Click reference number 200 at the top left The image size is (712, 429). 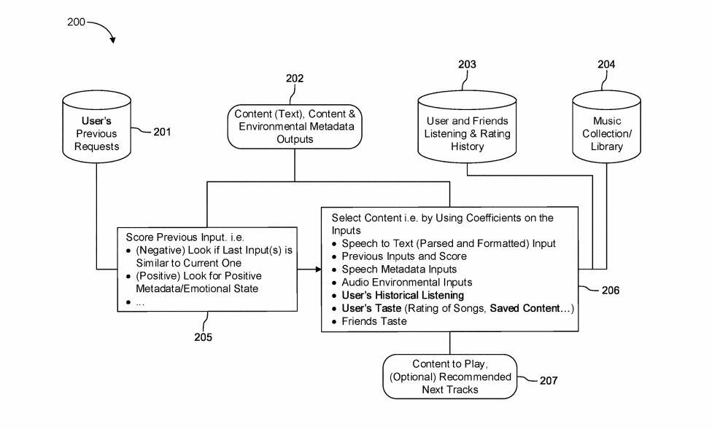click(76, 22)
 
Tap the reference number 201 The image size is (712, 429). click(162, 132)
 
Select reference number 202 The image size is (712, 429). click(294, 79)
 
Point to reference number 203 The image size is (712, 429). click(467, 64)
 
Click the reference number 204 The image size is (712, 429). click(606, 64)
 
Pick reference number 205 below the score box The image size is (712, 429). click(203, 337)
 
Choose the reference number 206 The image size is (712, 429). click(611, 290)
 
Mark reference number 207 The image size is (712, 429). click(549, 380)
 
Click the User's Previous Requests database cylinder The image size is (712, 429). click(97, 127)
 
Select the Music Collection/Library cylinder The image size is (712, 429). click(606, 127)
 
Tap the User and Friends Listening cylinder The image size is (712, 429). click(467, 127)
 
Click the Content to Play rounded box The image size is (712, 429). click(450, 377)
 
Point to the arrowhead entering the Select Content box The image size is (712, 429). click(318, 269)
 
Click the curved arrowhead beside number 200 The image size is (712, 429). click(112, 40)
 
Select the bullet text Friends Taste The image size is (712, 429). click(374, 321)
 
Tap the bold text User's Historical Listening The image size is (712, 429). click(403, 295)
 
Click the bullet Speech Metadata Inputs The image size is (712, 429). click(399, 269)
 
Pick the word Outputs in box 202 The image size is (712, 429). click(295, 139)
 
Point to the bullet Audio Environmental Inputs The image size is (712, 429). click(407, 282)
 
